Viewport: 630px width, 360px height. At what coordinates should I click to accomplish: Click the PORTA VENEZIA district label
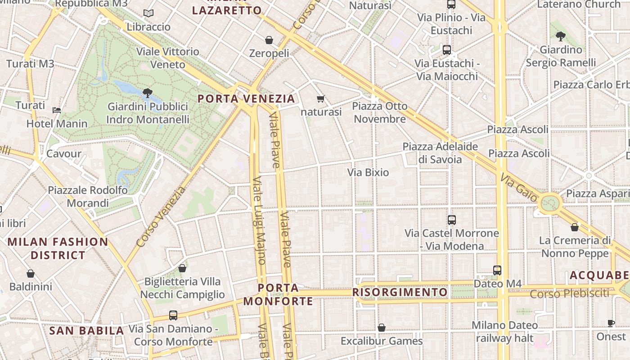[246, 99]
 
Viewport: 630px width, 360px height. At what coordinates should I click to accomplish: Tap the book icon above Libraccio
[148, 13]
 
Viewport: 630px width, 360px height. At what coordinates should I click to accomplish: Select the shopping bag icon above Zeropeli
[269, 40]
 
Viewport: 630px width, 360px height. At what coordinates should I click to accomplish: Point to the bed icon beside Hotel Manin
[57, 110]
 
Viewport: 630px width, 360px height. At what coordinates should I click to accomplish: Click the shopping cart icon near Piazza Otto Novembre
[320, 99]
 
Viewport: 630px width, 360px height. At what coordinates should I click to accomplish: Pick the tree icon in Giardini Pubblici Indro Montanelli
[147, 93]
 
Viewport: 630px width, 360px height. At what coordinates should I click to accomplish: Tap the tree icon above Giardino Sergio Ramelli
[560, 36]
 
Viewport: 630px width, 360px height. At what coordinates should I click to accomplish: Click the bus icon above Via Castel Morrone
[452, 220]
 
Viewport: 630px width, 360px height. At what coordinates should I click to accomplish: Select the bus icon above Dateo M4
[497, 270]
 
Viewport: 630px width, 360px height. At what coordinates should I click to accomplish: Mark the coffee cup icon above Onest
[611, 323]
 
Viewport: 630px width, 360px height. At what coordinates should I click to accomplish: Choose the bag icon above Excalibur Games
[382, 328]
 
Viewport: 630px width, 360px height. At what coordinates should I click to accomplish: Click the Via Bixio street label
[368, 172]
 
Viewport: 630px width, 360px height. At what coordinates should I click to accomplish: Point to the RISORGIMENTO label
[400, 292]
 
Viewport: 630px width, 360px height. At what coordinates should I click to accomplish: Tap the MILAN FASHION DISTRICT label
[58, 248]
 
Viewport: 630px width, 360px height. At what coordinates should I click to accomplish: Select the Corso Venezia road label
[161, 217]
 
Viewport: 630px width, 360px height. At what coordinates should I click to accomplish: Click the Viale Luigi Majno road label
[259, 220]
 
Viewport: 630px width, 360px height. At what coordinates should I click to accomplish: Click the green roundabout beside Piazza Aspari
[549, 203]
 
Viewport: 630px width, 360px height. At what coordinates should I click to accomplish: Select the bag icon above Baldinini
[31, 274]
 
